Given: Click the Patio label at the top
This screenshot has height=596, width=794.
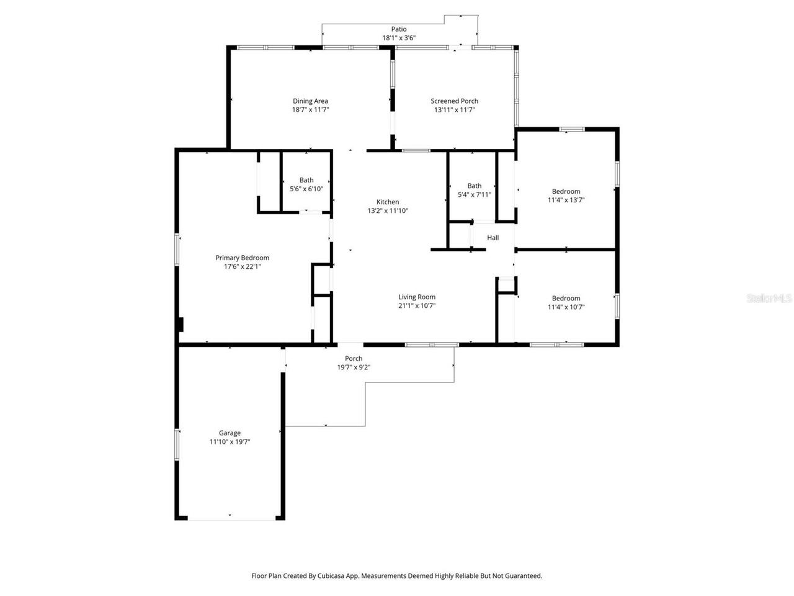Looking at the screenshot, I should coord(399,29).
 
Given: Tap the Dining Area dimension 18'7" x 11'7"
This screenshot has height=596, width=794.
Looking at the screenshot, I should coord(310,110).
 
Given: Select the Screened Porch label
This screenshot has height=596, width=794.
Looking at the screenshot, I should coord(454,101).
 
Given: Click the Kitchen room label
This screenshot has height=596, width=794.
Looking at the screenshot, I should coord(388,202).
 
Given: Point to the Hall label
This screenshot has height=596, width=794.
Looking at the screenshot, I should coord(493,238).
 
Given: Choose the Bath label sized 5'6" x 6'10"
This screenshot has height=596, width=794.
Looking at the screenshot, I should coord(306,181).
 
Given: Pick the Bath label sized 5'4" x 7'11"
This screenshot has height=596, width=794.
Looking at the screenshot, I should coord(474,186).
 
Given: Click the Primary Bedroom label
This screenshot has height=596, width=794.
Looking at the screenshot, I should coord(242,258).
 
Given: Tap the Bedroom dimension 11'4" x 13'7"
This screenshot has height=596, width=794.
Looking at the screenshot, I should coord(566,201).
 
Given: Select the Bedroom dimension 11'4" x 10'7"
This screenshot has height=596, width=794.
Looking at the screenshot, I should coord(566,307).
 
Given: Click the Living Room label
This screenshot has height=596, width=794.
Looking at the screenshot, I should coord(417,297).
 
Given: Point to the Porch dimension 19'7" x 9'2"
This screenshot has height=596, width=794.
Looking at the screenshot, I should coord(354,368).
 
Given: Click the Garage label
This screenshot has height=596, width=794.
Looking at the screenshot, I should coord(230,433).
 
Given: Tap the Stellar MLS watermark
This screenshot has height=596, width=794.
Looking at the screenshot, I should coord(769,299).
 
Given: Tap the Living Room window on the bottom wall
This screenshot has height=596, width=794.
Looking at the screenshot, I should coord(432,344).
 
